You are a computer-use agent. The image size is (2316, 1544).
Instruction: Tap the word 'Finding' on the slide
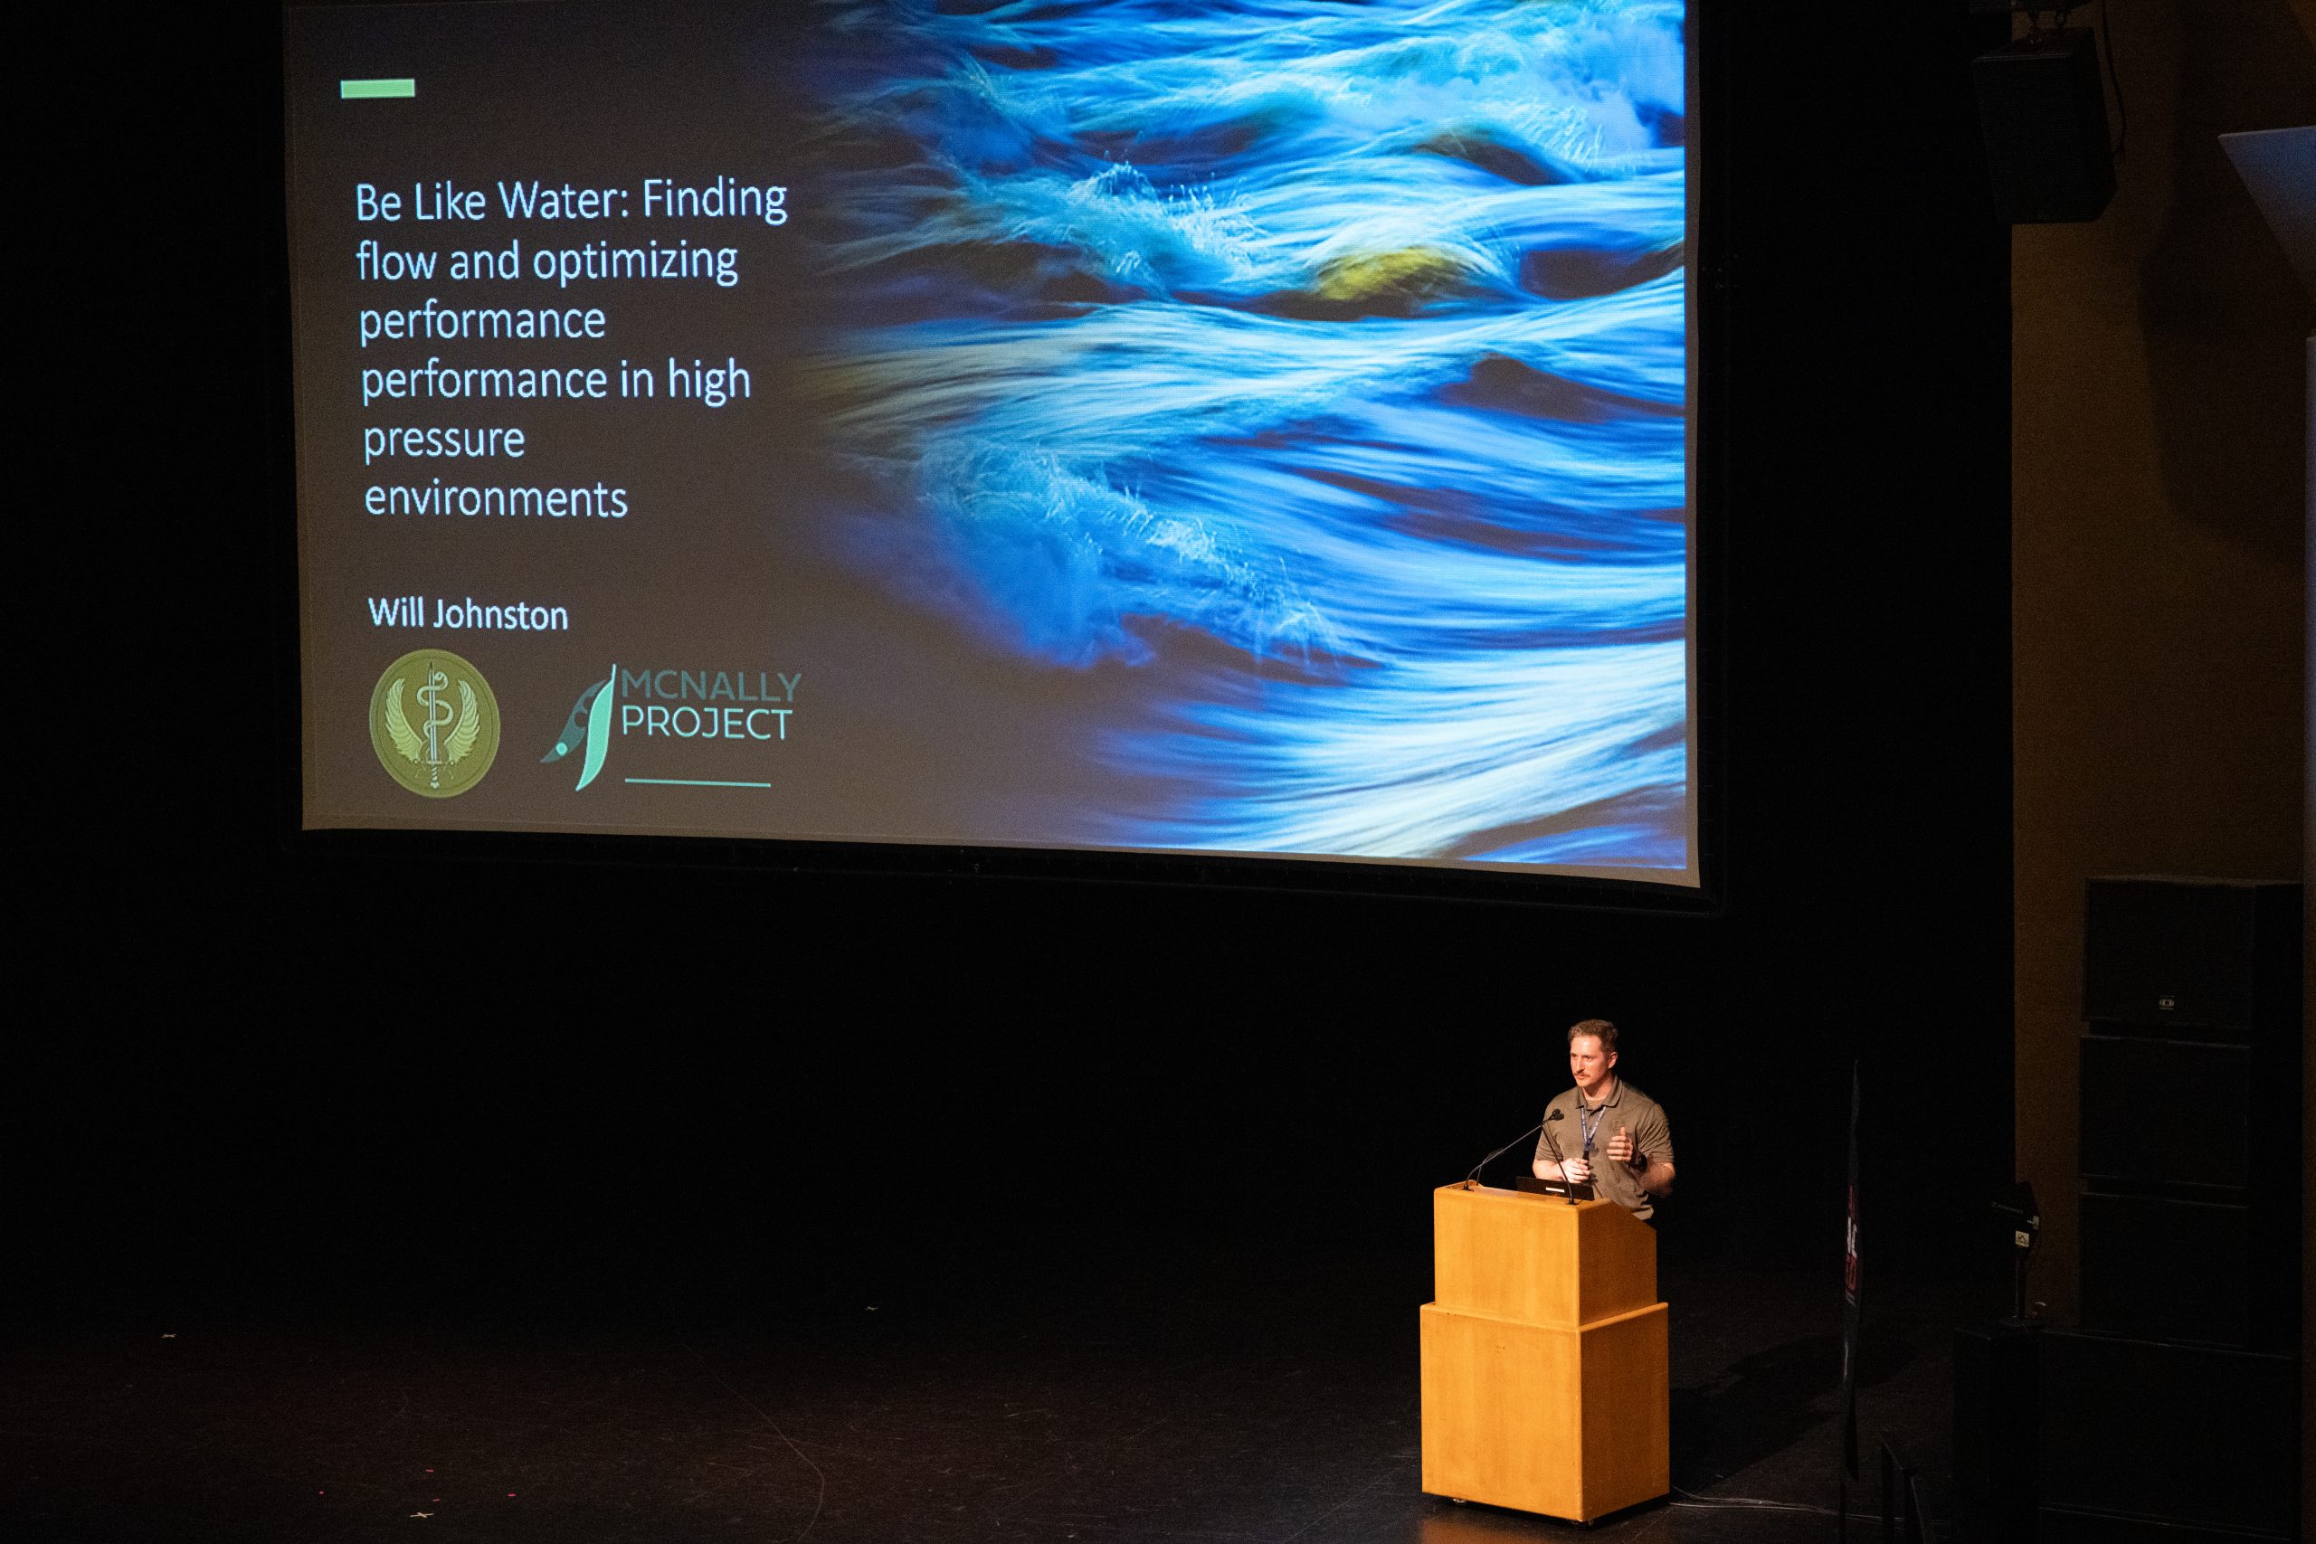coord(715,200)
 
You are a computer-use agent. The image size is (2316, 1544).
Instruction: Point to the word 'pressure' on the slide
coord(444,440)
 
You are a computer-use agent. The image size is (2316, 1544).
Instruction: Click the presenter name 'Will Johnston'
coord(468,614)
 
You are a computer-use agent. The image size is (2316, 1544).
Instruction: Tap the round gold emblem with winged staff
coord(434,722)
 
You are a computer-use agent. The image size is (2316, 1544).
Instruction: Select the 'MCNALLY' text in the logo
coord(712,686)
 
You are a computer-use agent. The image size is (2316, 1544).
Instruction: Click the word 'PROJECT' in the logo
coord(706,724)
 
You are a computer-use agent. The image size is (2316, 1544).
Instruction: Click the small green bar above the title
coord(377,89)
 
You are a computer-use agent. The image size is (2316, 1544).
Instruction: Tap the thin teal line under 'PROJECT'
coord(698,784)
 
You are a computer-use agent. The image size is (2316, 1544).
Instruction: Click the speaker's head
coord(1591,1053)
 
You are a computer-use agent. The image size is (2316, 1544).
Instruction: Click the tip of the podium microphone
coord(1556,1115)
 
